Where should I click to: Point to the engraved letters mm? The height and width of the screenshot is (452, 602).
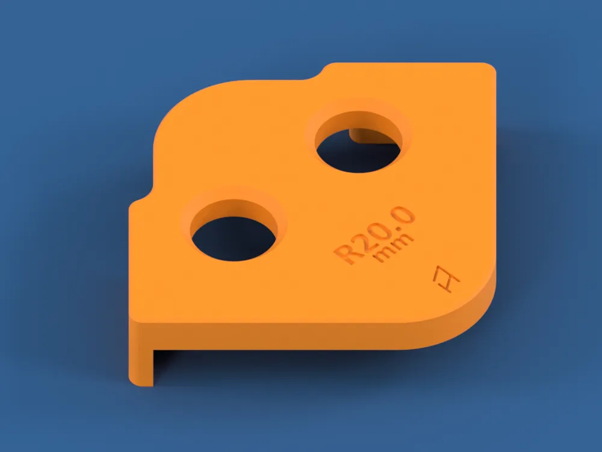pos(394,247)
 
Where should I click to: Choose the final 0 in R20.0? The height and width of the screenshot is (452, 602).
pos(405,214)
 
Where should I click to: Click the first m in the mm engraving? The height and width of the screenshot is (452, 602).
pos(385,254)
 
